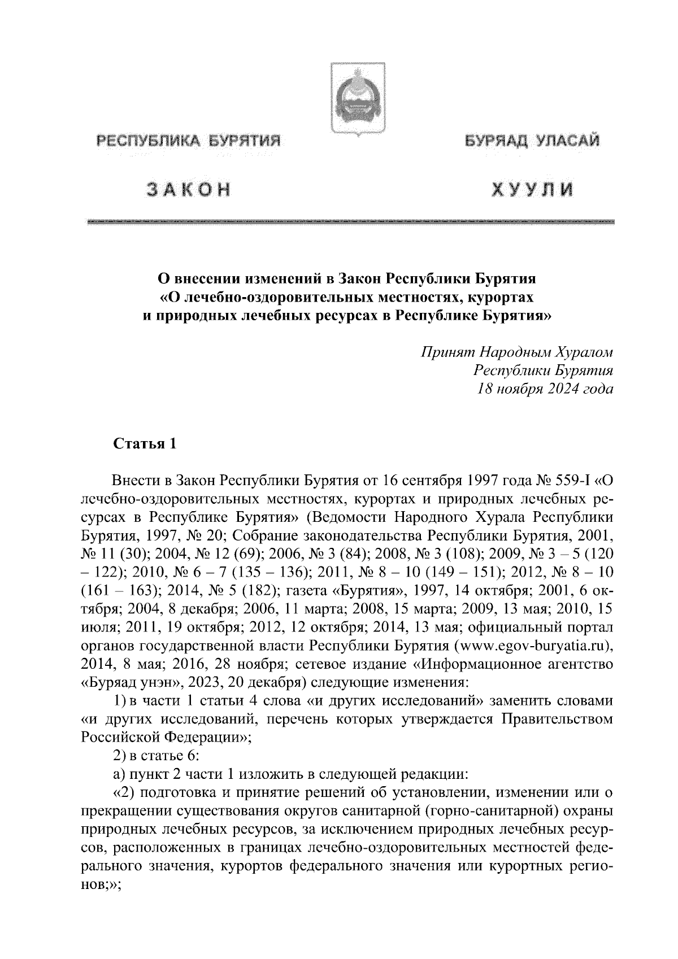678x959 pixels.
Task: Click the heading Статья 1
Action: point(145,444)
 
